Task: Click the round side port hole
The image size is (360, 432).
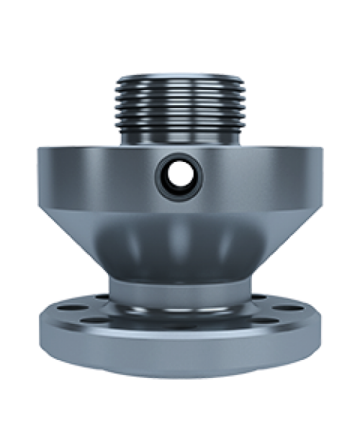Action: point(176,172)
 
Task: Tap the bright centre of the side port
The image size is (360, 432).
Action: point(176,173)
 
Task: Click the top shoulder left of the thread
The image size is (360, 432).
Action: point(79,149)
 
